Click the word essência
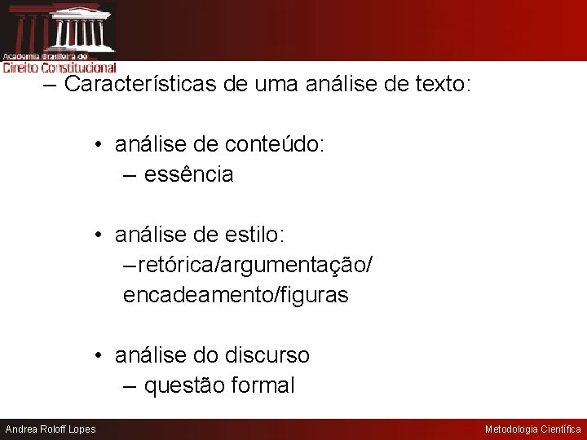pyautogui.click(x=188, y=174)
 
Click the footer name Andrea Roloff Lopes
pyautogui.click(x=51, y=429)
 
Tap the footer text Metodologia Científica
pyautogui.click(x=533, y=429)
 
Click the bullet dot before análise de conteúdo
pyautogui.click(x=96, y=146)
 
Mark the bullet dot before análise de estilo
pyautogui.click(x=96, y=235)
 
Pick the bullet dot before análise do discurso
pyautogui.click(x=96, y=356)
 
